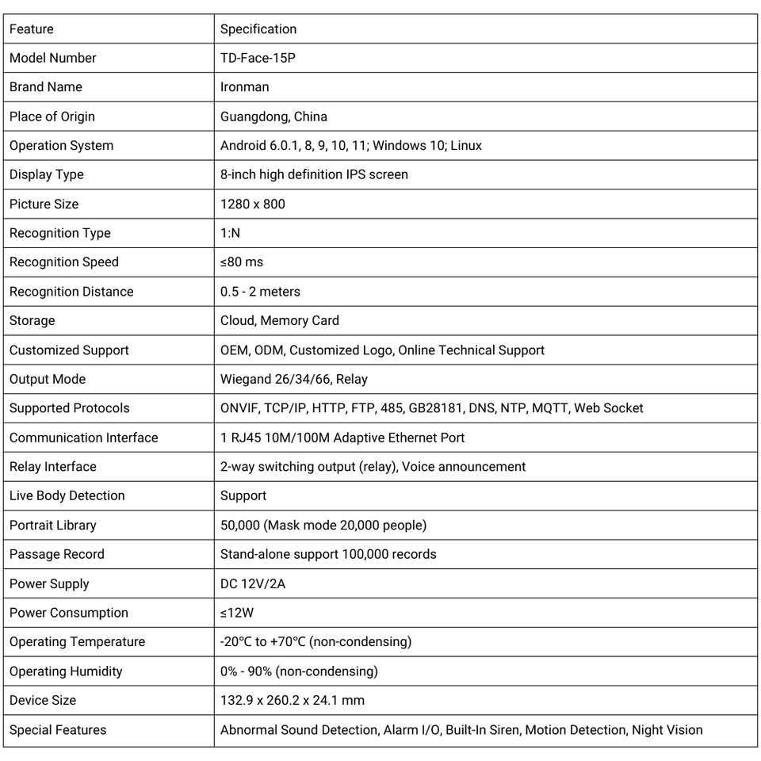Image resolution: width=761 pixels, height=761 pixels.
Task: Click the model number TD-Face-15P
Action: click(258, 58)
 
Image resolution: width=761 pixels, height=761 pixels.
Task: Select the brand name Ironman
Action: click(244, 87)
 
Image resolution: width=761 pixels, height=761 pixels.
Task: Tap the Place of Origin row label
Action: click(52, 117)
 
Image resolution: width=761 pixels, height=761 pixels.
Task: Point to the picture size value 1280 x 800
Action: click(252, 204)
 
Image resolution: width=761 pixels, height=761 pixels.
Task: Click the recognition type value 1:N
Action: click(230, 233)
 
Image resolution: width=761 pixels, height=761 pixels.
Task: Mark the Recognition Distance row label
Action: click(71, 292)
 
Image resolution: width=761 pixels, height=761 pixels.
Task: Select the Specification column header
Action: click(258, 29)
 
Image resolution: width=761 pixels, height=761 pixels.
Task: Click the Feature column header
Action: click(32, 29)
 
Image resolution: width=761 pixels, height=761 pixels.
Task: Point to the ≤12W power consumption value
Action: click(236, 613)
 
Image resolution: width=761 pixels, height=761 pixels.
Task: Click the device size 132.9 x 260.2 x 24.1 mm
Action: click(292, 700)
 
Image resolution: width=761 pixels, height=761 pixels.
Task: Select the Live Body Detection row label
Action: click(67, 495)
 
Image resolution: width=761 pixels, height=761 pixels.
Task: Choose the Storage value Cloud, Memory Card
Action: click(279, 321)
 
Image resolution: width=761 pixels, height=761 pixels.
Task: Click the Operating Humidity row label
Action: click(66, 671)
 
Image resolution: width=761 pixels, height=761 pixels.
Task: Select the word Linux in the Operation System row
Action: click(466, 146)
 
